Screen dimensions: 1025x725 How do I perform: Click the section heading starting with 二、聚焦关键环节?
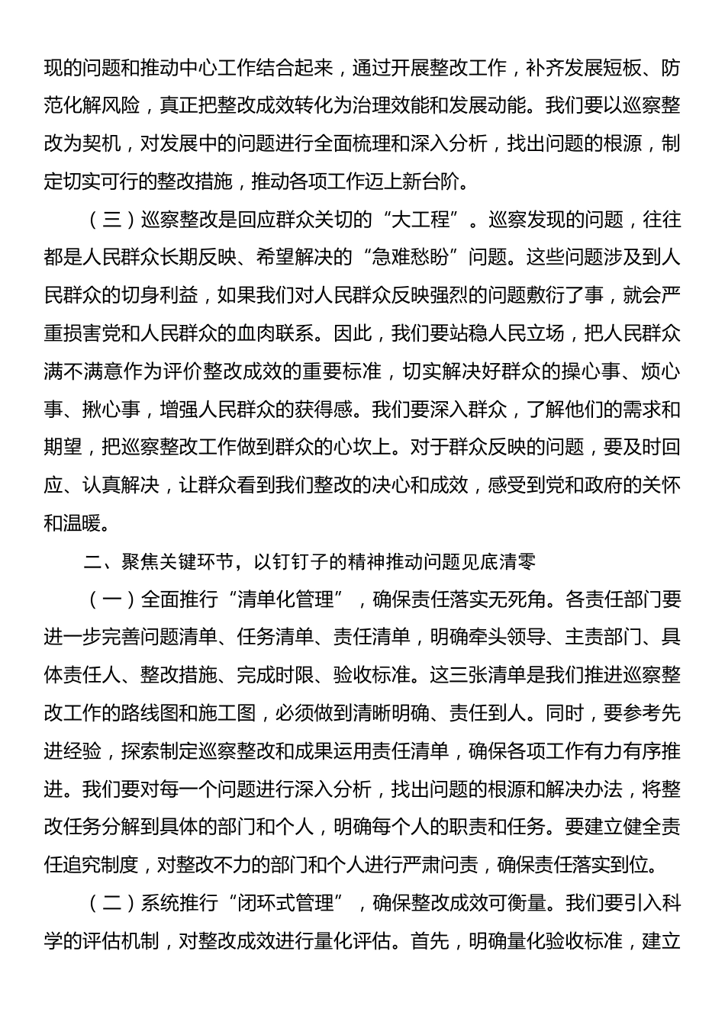tap(310, 561)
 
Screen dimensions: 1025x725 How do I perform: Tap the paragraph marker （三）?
tap(111, 220)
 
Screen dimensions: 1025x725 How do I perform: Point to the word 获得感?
tap(324, 410)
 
